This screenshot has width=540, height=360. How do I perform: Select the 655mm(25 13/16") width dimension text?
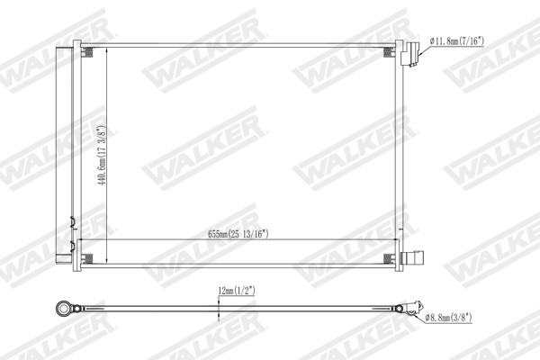click(x=238, y=234)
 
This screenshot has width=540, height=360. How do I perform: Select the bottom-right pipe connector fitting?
click(x=412, y=260)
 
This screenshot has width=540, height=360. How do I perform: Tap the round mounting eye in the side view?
click(x=66, y=310)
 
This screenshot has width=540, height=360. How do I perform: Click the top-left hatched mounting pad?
click(x=90, y=52)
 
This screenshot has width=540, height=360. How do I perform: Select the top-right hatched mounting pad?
click(x=390, y=52)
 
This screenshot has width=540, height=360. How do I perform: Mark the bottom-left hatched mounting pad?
click(x=90, y=262)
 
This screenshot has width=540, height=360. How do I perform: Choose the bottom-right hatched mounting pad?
click(x=390, y=262)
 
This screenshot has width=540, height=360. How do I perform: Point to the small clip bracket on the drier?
click(x=71, y=220)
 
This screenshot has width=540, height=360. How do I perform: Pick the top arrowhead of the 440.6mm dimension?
click(x=108, y=48)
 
